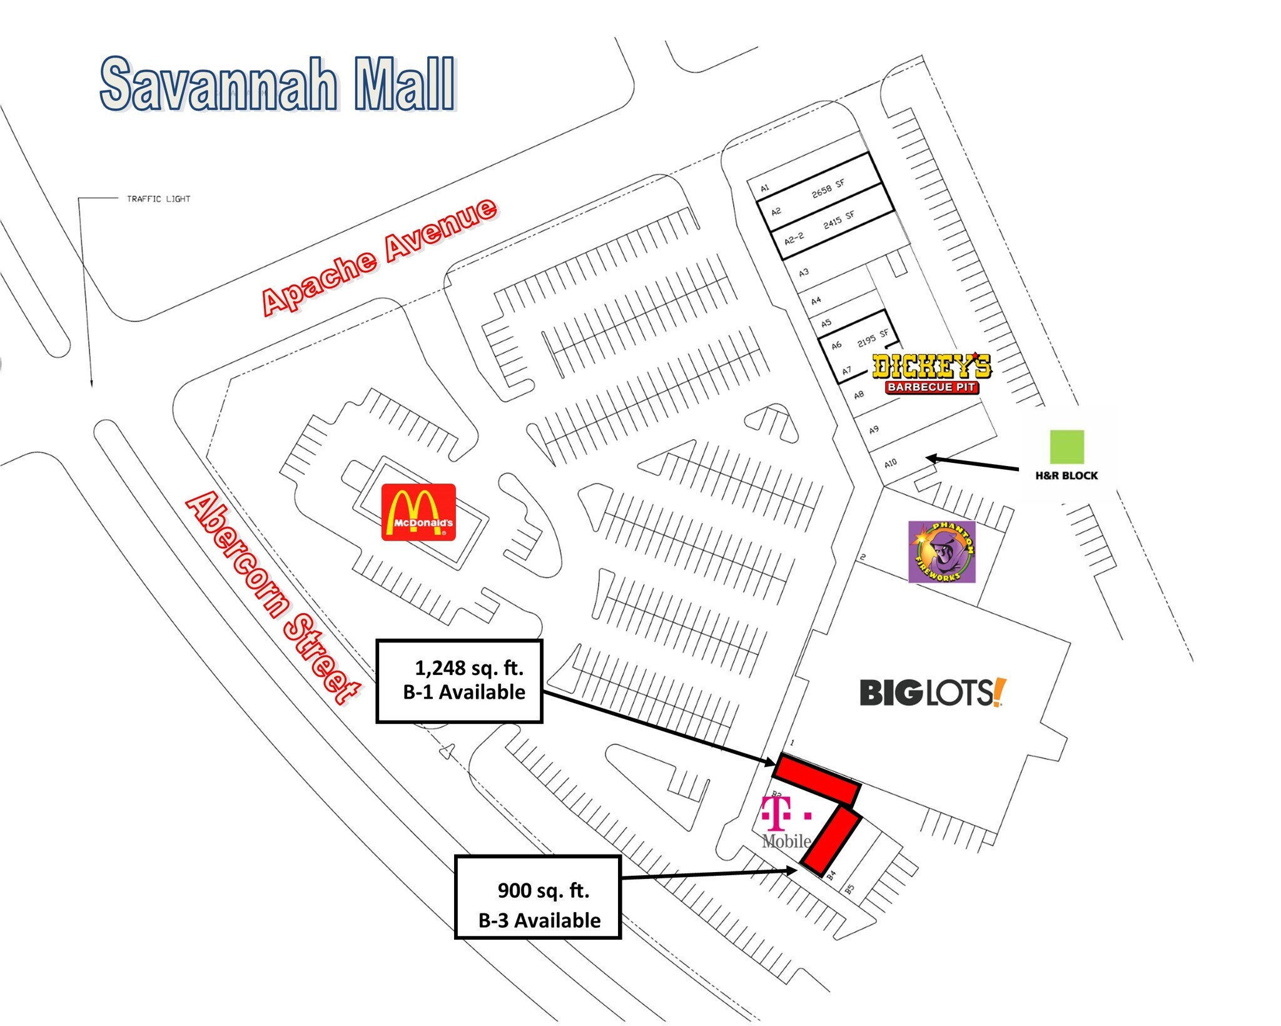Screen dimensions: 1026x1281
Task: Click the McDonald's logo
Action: pos(418,512)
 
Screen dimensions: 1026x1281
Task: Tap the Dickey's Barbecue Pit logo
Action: pos(931,373)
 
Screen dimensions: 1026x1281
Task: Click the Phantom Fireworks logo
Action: pos(941,552)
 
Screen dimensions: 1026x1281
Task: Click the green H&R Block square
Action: pos(1066,447)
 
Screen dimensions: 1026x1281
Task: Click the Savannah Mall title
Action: pos(278,84)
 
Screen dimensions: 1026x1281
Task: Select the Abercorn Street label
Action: pos(273,597)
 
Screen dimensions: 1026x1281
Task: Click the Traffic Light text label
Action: pos(158,199)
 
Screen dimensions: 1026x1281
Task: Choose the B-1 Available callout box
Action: pos(459,681)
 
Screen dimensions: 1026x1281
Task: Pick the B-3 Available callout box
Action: pos(538,896)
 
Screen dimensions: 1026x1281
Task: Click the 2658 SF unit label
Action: pos(828,188)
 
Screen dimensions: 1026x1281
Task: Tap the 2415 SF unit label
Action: pos(839,220)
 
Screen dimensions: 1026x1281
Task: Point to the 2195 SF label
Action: pos(873,338)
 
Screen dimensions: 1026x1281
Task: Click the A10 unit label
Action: pos(891,463)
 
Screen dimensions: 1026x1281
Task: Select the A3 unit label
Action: pos(804,272)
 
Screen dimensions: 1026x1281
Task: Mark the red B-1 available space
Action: pos(817,780)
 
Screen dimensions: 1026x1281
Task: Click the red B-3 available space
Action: pos(833,840)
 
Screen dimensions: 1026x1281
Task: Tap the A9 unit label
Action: pos(874,429)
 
